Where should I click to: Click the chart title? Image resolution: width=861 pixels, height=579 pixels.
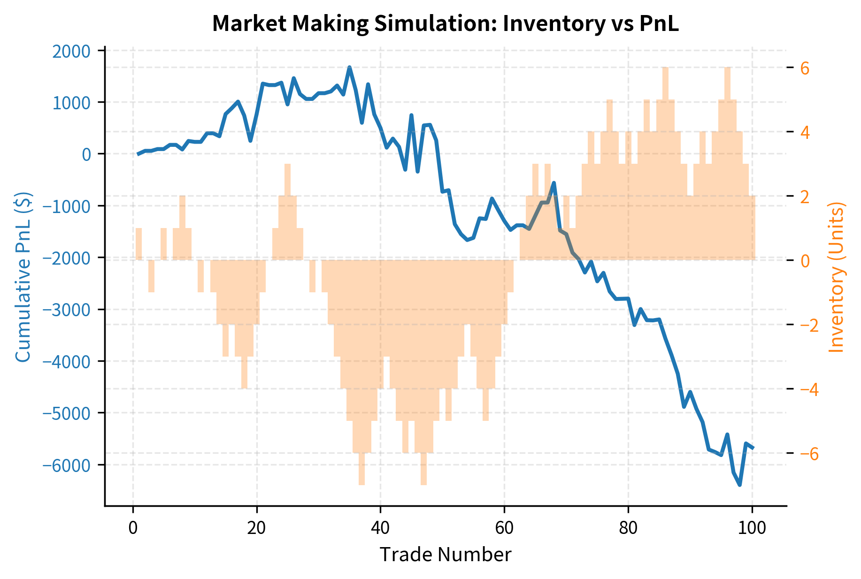click(x=445, y=24)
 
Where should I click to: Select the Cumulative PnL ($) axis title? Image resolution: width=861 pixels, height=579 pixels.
click(x=23, y=277)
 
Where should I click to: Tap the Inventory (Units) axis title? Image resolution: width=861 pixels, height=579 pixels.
click(x=836, y=277)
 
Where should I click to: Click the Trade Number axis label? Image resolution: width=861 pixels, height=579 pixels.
click(x=445, y=555)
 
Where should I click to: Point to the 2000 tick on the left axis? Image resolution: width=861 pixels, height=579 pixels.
click(x=71, y=51)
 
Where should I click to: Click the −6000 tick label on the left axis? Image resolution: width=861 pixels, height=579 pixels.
click(x=66, y=465)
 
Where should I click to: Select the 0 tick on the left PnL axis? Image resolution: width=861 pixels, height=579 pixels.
click(x=86, y=154)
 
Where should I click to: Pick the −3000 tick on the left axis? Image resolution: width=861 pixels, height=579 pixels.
click(x=66, y=310)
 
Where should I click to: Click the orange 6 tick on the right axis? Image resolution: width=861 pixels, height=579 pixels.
click(x=805, y=68)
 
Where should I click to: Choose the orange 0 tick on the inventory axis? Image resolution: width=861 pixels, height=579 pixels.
click(x=805, y=260)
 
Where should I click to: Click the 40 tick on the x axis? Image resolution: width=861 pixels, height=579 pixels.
click(x=380, y=528)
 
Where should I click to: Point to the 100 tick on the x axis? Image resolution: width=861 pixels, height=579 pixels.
click(x=752, y=528)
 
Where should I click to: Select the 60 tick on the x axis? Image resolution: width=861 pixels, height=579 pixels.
click(x=504, y=528)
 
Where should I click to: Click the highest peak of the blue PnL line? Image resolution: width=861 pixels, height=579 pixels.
click(x=349, y=68)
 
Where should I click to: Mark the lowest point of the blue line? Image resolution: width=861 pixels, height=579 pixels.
click(x=740, y=485)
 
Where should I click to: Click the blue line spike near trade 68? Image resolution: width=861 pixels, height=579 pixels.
click(x=554, y=183)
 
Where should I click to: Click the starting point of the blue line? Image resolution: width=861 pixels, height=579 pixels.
click(x=138, y=154)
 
